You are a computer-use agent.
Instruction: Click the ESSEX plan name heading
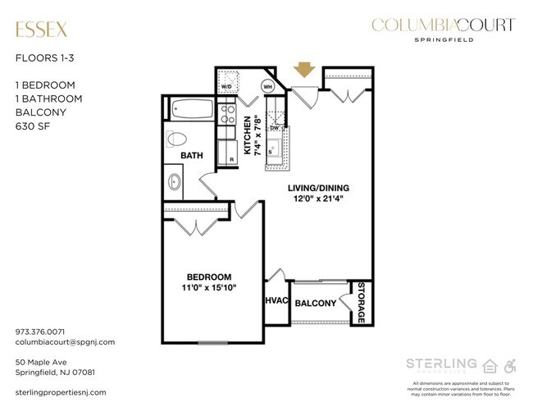click(x=41, y=30)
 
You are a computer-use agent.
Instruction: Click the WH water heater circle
click(x=267, y=85)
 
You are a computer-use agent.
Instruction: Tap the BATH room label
click(x=192, y=154)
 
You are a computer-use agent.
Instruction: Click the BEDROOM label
click(x=208, y=277)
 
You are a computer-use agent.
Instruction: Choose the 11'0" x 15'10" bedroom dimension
click(x=208, y=288)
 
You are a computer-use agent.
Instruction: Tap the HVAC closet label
click(x=276, y=301)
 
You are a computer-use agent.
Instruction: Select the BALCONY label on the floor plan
click(x=316, y=304)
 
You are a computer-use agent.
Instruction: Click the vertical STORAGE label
click(x=360, y=301)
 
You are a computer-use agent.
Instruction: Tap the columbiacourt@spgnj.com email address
click(x=65, y=341)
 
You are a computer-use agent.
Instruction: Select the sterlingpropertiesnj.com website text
click(x=61, y=393)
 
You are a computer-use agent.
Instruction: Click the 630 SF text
click(x=32, y=127)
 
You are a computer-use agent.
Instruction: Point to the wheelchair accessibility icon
click(x=510, y=364)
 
